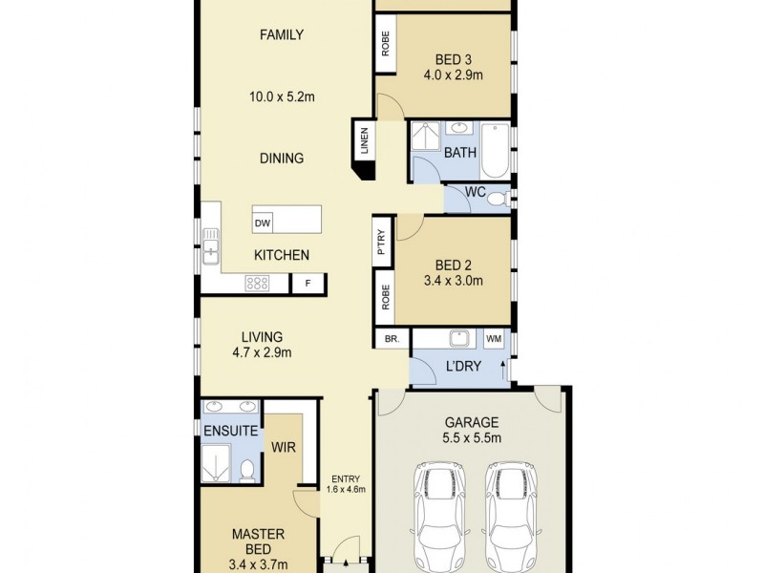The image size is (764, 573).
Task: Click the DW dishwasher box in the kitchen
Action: coord(263,223)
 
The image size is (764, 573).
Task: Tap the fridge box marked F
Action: coord(308,284)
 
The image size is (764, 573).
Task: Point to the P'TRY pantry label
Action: coord(382,243)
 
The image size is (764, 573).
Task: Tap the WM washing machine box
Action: coord(494,339)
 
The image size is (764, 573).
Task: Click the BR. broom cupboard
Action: coord(391,339)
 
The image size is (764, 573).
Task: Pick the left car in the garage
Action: coord(441,516)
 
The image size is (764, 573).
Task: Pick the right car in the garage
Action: coord(510,516)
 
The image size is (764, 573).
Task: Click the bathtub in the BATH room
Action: coord(495,150)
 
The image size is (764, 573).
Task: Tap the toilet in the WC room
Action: coord(505,199)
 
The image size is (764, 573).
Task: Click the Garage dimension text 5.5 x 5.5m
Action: coord(473,437)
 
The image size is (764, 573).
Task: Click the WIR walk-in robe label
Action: coord(282,446)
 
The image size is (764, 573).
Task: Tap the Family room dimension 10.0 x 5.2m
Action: coord(282,96)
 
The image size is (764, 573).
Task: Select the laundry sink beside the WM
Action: coord(459,338)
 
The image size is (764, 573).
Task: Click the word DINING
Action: coord(282,159)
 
